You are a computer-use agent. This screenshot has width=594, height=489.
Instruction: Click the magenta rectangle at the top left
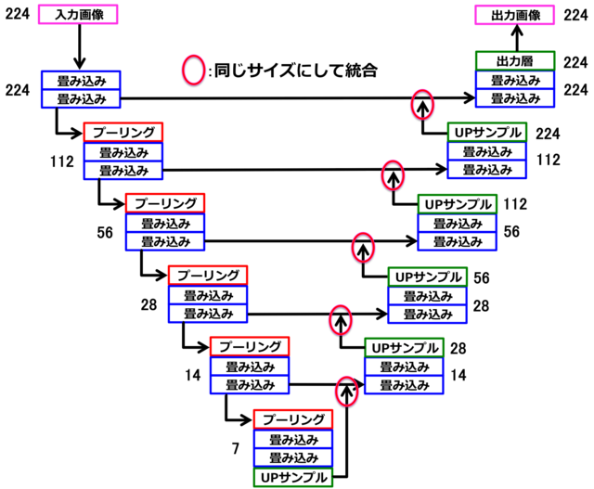point(78,14)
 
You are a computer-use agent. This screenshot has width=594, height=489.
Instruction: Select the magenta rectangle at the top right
point(514,14)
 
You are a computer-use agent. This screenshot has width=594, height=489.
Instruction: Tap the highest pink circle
point(194,70)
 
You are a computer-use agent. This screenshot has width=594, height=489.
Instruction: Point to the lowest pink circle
point(346,391)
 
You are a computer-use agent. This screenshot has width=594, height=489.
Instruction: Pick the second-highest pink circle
point(422,104)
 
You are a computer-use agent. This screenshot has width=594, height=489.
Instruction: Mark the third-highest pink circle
point(393,174)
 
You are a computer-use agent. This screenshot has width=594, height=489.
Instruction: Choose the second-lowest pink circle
point(341,319)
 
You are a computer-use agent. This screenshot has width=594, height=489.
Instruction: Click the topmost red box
point(123,132)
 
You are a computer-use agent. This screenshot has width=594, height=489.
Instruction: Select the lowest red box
point(293,418)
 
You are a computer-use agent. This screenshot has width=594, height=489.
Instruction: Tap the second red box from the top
point(165,202)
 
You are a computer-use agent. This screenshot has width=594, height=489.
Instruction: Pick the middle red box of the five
point(208,275)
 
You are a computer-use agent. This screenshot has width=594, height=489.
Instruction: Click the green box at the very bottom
point(293,477)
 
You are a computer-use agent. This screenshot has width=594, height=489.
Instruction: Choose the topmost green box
point(515,60)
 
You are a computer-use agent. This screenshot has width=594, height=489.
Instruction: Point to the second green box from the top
point(487,132)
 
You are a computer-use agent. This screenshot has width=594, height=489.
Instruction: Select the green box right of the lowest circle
point(405,347)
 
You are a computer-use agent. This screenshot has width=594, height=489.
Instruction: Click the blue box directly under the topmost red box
point(123,151)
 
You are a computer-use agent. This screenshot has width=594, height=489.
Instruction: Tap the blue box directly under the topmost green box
point(515,80)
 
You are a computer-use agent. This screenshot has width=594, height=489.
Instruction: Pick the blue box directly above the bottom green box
point(293,457)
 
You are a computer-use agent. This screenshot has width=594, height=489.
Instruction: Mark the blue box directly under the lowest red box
point(293,438)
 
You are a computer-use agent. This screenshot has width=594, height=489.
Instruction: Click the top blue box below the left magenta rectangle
point(81,80)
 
